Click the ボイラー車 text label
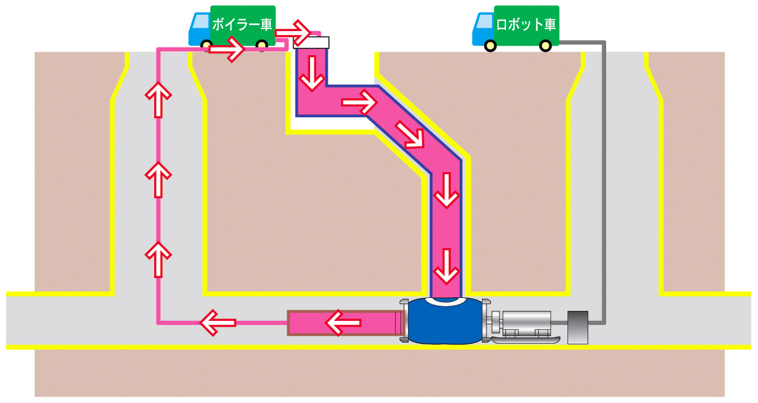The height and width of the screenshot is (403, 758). (x=242, y=25)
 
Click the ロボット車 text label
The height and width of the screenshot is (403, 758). (x=526, y=25)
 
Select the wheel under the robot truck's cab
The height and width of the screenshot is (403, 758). (x=491, y=45)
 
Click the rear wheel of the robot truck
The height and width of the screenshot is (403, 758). (x=545, y=45)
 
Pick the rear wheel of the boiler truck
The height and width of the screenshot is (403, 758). (x=262, y=45)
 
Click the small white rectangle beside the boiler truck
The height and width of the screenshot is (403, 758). (x=311, y=42)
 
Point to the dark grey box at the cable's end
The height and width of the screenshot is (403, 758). (x=577, y=327)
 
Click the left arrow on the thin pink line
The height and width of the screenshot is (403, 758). (x=217, y=322)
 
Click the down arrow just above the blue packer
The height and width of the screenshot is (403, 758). (x=446, y=265)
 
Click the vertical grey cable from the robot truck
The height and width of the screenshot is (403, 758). (x=604, y=176)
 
